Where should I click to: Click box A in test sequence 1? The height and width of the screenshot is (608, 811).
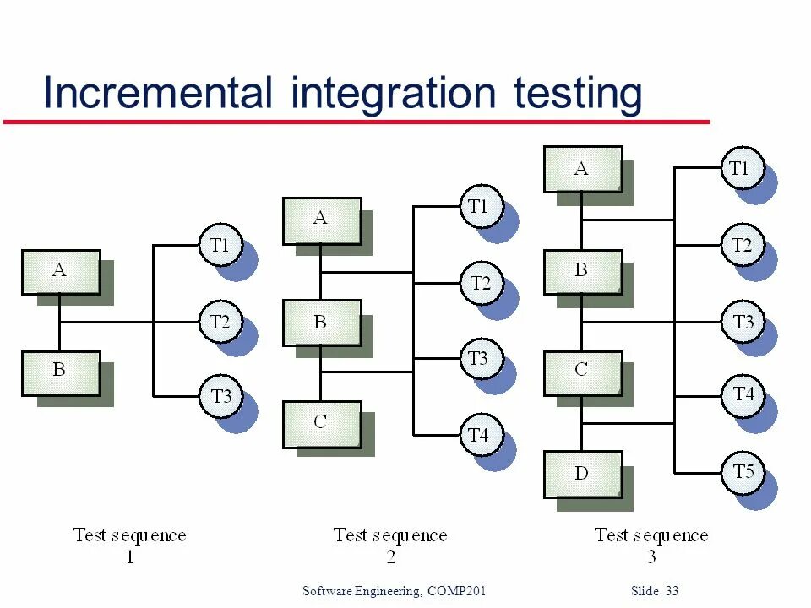tap(61, 272)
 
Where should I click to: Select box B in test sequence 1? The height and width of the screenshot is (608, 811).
tap(61, 372)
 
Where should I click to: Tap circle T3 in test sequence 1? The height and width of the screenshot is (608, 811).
tap(220, 397)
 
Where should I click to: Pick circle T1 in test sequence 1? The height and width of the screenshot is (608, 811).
tap(220, 246)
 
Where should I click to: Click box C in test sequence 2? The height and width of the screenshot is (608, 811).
tap(321, 423)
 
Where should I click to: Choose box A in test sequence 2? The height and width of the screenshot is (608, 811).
tap(321, 220)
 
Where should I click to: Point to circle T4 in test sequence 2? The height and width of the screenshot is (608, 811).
tap(480, 436)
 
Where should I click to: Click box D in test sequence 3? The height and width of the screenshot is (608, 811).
tap(582, 474)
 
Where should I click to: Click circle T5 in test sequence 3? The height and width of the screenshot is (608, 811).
tap(743, 471)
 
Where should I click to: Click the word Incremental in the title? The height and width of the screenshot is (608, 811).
tap(158, 92)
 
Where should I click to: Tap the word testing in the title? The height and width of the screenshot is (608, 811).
tap(578, 94)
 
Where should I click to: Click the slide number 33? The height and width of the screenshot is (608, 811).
tap(672, 591)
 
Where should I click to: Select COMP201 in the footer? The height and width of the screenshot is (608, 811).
tap(457, 591)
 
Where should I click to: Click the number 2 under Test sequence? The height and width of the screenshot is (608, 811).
tap(390, 556)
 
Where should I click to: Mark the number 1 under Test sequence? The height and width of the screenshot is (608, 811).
tap(129, 556)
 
